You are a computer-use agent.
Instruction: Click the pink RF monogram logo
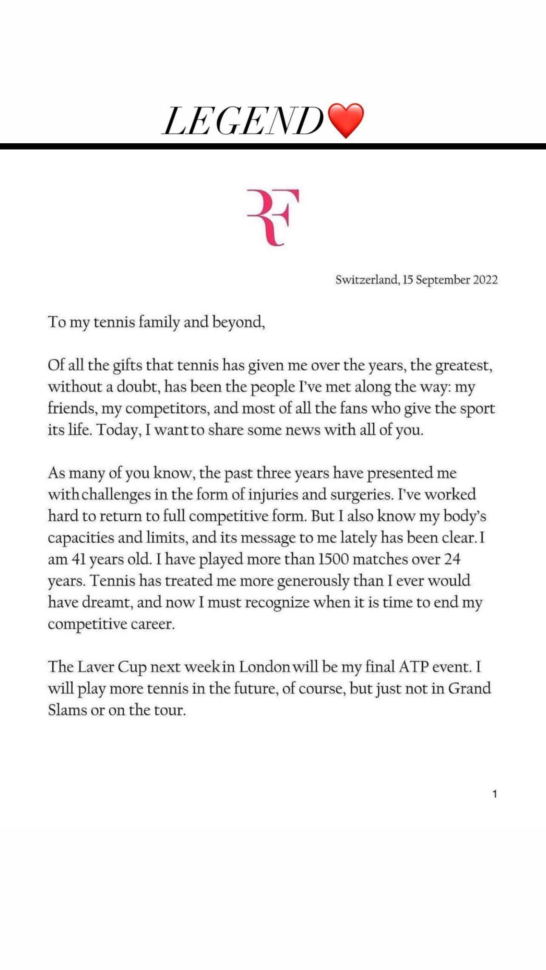click(x=273, y=217)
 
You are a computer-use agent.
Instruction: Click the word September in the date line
click(x=443, y=280)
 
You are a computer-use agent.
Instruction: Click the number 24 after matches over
click(x=452, y=559)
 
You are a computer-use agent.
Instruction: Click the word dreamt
click(x=107, y=602)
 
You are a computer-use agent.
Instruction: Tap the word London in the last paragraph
click(x=264, y=667)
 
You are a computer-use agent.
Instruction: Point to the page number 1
click(x=495, y=794)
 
